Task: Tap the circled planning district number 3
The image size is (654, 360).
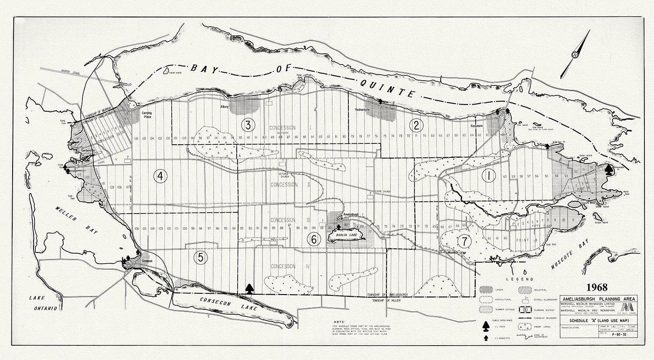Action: pos(248,125)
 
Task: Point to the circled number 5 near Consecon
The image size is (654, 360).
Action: pos(200,258)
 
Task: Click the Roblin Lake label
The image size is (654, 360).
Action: pos(344,235)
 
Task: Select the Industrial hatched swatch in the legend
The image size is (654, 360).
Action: pos(525,290)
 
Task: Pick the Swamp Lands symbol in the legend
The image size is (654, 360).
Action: pos(525,325)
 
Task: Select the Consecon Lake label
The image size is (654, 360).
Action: pos(228,303)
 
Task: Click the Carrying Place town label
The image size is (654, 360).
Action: pos(146,115)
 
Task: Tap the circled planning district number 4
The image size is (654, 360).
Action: pos(160,176)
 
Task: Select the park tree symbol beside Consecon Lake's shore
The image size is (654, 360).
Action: pos(249,289)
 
